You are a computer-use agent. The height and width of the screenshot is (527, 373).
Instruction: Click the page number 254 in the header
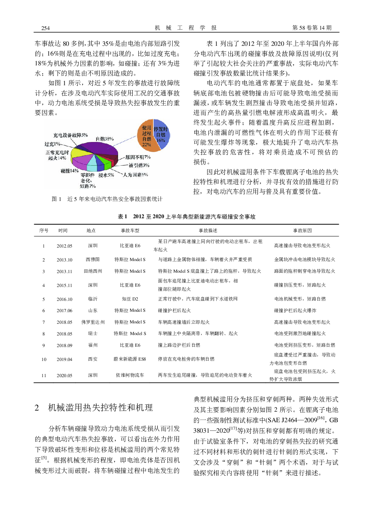(x=45, y=28)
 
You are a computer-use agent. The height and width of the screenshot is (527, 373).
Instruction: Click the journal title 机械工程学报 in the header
(x=186, y=28)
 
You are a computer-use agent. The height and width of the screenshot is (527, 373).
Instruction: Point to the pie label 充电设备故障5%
(x=70, y=135)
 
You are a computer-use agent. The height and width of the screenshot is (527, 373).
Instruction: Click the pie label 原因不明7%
(x=138, y=157)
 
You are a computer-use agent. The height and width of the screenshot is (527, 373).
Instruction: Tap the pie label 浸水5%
(x=106, y=175)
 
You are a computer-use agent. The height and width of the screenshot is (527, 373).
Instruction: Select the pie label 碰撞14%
(x=70, y=171)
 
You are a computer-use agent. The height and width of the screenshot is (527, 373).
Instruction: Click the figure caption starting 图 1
(x=107, y=199)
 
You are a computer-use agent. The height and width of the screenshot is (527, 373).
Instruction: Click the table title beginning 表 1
(x=186, y=217)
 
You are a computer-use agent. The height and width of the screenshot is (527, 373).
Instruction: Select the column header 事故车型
(x=130, y=231)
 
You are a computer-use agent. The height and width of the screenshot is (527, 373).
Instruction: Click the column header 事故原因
(x=302, y=231)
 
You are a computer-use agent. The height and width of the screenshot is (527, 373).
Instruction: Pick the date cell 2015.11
(x=64, y=285)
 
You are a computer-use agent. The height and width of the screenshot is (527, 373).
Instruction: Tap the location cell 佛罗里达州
(x=93, y=322)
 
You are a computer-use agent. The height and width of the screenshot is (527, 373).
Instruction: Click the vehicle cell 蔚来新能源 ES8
(x=130, y=359)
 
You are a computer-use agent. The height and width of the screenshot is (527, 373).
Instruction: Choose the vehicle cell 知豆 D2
(x=130, y=299)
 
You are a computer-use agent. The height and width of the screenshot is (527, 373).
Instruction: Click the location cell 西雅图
(x=93, y=260)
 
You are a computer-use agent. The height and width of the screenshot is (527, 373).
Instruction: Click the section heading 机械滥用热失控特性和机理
(x=100, y=408)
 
